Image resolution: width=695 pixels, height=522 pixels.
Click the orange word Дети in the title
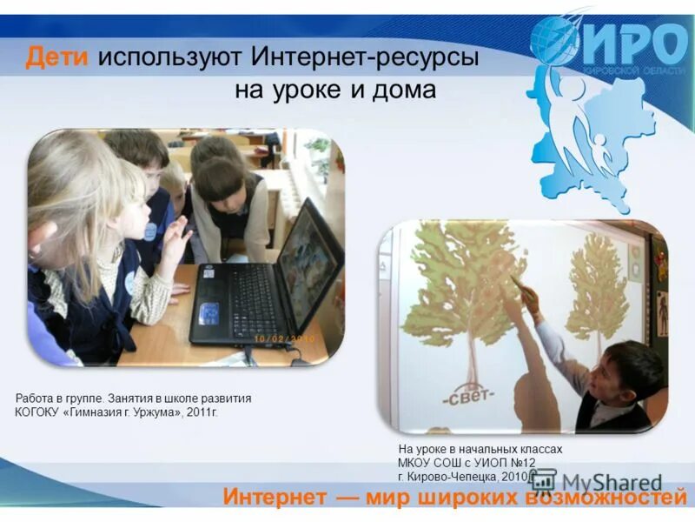click(57, 58)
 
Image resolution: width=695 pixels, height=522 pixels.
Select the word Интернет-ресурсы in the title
click(365, 58)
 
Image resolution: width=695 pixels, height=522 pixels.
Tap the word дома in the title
click(404, 90)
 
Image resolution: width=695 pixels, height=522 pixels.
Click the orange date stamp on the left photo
click(286, 337)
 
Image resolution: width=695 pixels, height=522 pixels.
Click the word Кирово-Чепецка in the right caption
click(452, 477)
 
